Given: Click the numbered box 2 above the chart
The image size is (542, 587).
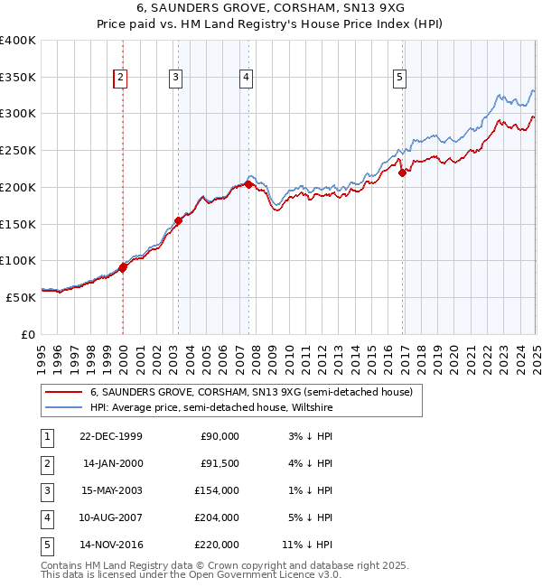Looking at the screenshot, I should click(120, 79).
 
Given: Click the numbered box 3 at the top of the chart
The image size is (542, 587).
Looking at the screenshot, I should click(175, 79).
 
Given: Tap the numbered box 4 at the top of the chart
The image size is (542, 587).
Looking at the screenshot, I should click(246, 79).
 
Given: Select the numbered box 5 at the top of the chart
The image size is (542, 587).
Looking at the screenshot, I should click(399, 79).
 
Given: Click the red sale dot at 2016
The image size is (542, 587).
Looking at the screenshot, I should click(403, 173).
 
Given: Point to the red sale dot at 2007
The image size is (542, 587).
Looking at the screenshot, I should click(248, 185).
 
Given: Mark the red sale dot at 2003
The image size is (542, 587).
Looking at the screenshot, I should click(179, 219).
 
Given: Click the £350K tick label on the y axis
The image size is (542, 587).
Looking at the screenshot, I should click(18, 77).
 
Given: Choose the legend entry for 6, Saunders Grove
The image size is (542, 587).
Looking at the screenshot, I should click(250, 392).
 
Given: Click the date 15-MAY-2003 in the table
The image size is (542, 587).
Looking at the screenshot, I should click(112, 490).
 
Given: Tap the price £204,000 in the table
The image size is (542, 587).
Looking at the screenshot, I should click(219, 517).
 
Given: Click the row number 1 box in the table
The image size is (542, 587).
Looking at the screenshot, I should click(45, 436).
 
